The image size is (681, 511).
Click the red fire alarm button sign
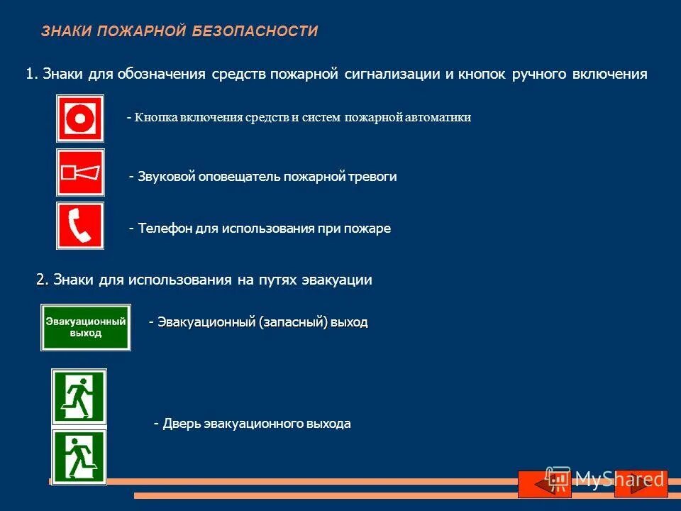80,119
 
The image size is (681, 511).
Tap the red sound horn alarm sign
80,172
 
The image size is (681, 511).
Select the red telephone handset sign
80,226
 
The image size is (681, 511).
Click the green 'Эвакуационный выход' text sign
86,327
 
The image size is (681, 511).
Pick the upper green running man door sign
79,396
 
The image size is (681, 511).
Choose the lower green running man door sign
79,456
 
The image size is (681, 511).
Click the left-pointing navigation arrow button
544,483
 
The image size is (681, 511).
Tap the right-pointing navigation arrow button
641,483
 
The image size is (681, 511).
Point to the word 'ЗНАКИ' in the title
66,31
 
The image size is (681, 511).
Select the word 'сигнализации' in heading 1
393,74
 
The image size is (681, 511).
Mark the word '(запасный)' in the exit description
293,322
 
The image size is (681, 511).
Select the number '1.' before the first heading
31,74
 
